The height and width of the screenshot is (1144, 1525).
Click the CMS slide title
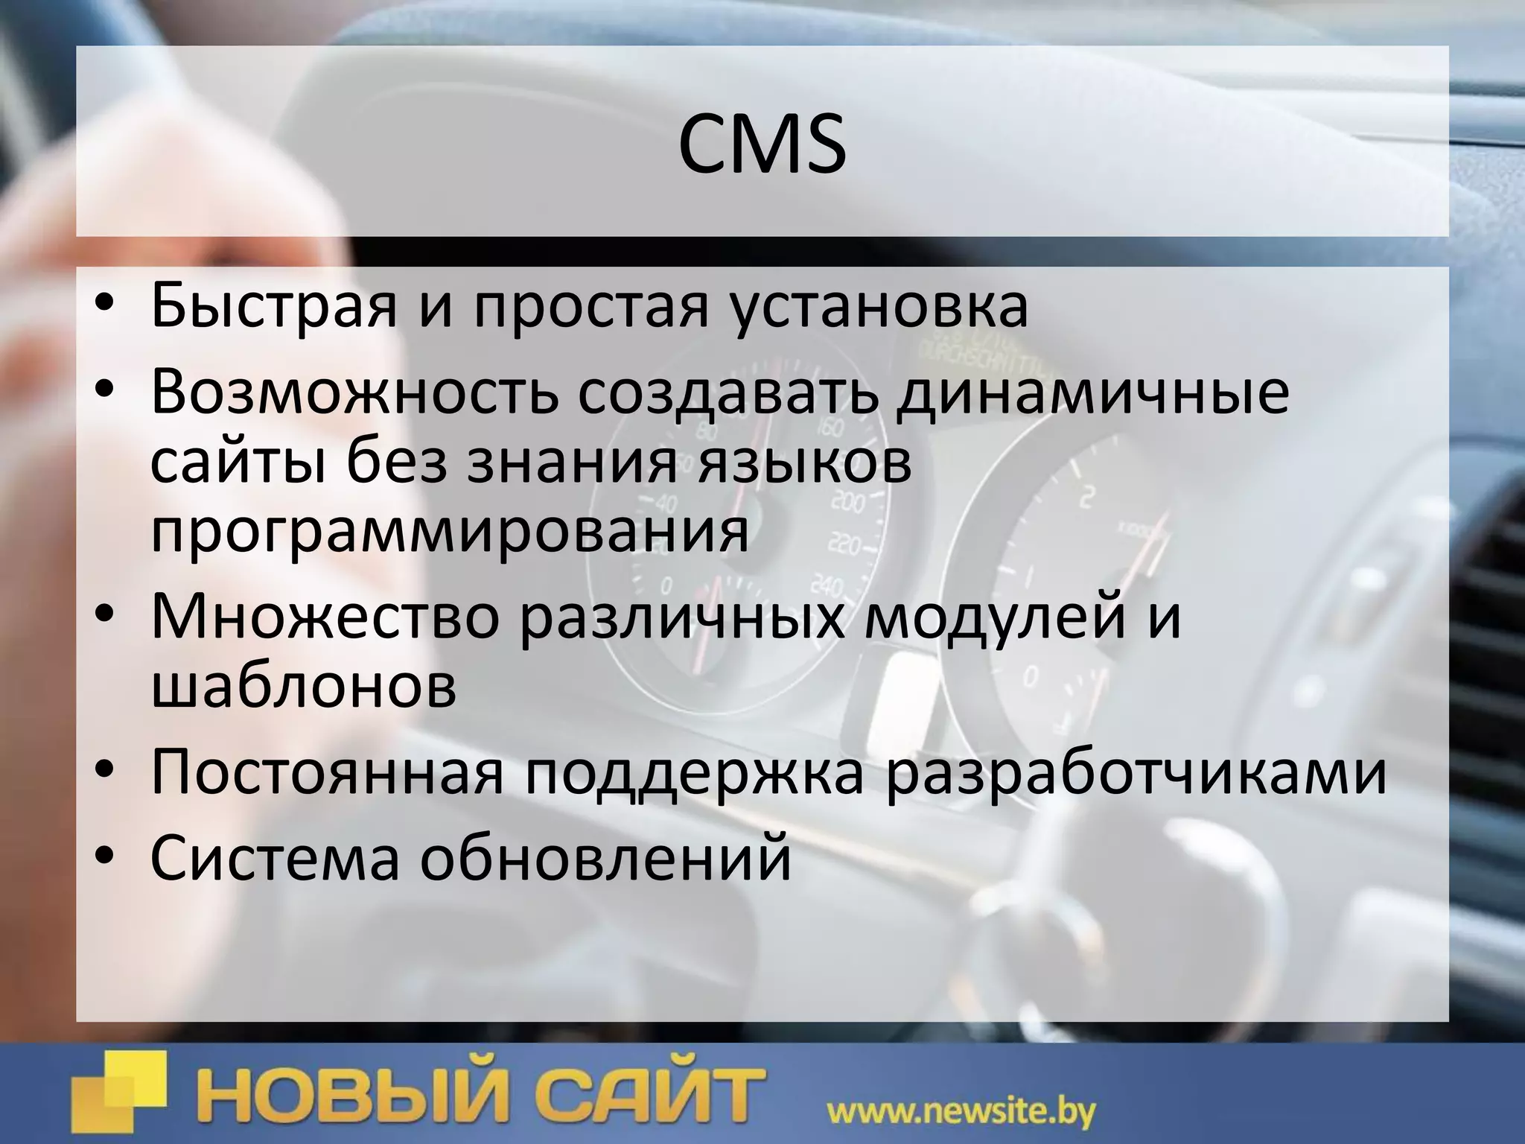[x=762, y=144]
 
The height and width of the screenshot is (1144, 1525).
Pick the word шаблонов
[x=304, y=686]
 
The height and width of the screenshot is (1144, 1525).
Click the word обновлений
[x=605, y=857]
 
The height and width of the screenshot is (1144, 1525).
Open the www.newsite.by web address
[x=961, y=1113]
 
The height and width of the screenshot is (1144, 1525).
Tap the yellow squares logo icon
[x=119, y=1092]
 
